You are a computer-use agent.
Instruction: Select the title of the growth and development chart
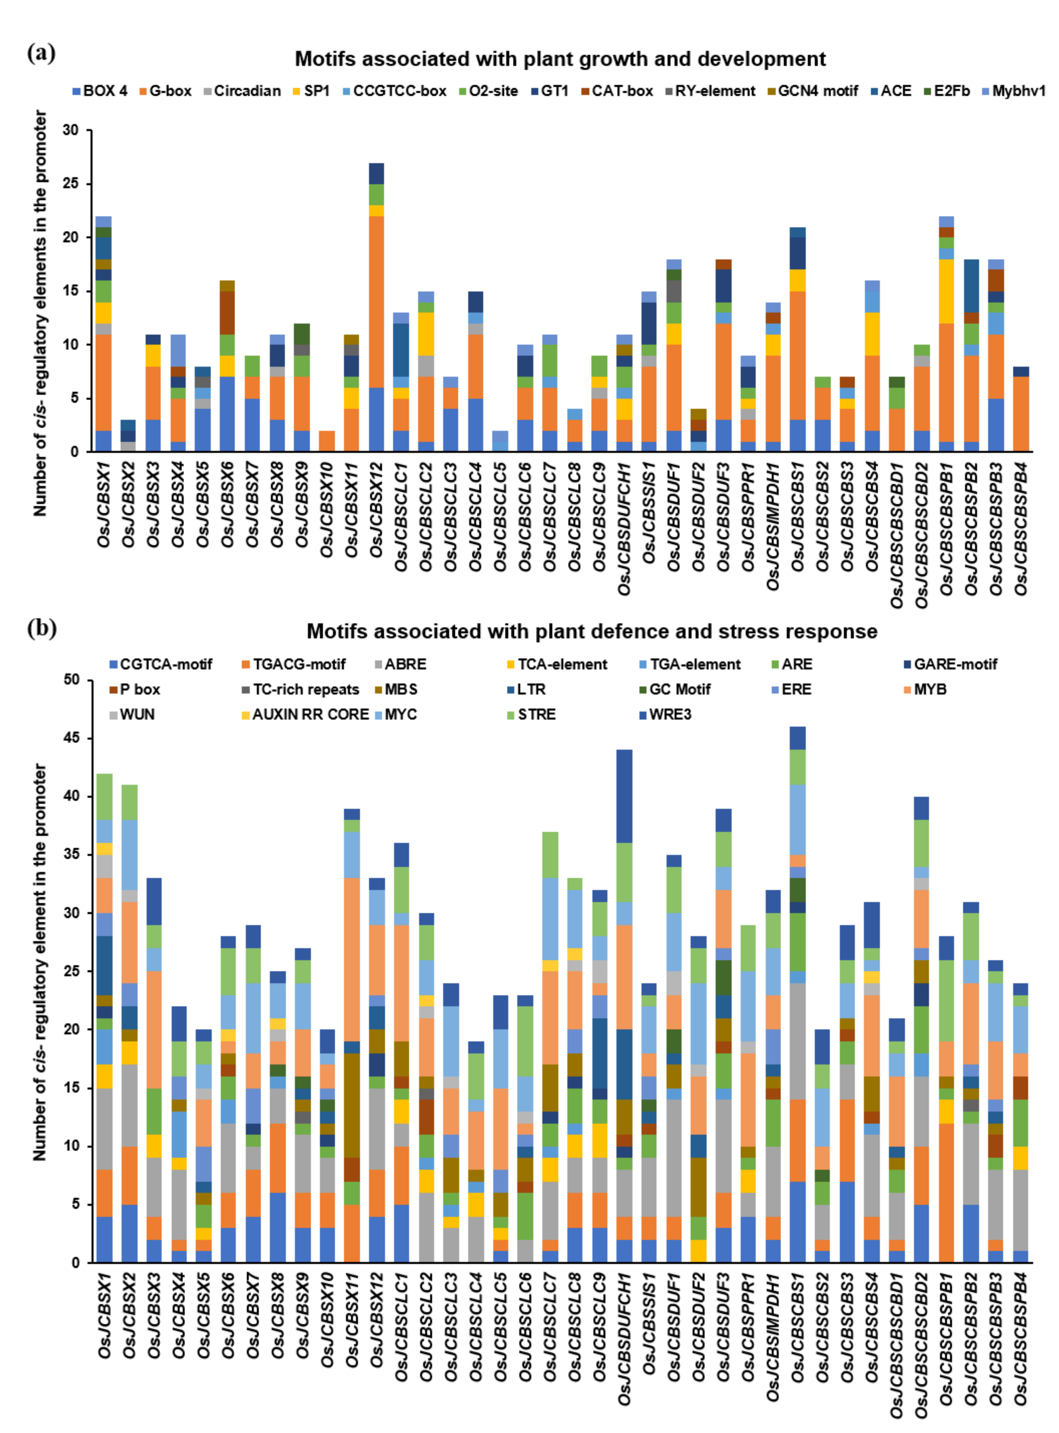[x=560, y=59]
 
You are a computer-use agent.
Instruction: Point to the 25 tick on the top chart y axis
[x=71, y=184]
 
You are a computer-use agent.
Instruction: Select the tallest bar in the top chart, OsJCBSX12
[x=376, y=308]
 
